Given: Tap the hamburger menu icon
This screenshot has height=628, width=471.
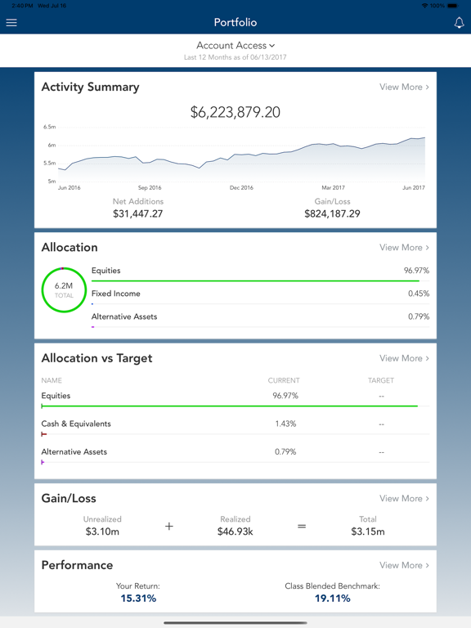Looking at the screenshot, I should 11,23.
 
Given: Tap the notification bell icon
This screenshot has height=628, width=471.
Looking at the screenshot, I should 459,23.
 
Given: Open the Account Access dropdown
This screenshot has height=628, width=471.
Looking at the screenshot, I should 235,46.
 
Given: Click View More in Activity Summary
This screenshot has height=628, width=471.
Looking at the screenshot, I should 404,87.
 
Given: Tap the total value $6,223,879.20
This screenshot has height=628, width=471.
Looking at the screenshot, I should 235,113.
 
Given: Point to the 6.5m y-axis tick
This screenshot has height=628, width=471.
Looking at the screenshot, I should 50,128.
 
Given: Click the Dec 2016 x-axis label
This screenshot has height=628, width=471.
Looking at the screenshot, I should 241,188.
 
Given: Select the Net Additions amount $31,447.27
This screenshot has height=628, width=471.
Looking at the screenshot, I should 138,213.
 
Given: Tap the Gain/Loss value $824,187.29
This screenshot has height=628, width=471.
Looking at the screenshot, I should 332,213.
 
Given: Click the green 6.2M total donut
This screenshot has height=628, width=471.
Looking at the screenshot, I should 64,290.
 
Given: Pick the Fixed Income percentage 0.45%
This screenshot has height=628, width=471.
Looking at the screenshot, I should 419,294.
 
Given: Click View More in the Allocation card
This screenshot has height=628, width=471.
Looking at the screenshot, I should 404,247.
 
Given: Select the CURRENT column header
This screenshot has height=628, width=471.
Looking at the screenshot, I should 284,380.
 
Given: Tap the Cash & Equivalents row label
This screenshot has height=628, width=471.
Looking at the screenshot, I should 76,424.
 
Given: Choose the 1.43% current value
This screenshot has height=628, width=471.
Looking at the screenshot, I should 285,424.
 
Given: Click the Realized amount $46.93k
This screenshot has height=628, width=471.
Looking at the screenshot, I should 235,532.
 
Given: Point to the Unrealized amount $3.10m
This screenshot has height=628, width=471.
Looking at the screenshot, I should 102,532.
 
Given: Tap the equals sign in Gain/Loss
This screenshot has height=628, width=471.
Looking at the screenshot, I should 302,527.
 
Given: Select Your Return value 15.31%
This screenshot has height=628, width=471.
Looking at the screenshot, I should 138,599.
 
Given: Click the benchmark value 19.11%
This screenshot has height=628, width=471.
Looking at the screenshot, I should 332,599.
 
